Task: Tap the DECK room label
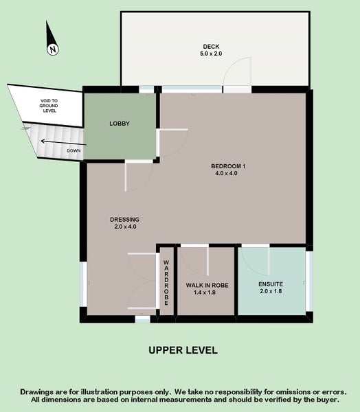[x=211, y=45]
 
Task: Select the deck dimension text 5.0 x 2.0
[x=211, y=54]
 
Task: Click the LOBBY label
[x=120, y=124]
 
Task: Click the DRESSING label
[x=124, y=219]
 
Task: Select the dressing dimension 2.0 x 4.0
[x=124, y=227]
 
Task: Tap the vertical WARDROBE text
[x=166, y=282]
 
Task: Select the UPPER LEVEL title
[x=183, y=350]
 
